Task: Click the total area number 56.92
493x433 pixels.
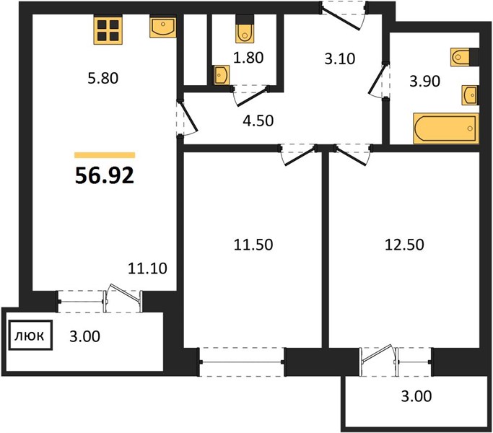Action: pos(105,175)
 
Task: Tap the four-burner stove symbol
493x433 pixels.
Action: pos(108,30)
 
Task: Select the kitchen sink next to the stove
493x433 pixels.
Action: pos(163,27)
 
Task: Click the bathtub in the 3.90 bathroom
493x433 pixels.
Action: pos(446,128)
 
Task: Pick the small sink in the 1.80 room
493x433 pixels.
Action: pos(222,75)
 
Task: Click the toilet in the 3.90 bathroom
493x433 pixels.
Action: pos(464,57)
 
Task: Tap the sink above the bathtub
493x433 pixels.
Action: pos(470,95)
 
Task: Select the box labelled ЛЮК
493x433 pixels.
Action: pos(30,335)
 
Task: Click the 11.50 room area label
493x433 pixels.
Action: pos(253,245)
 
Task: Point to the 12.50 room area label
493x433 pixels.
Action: pos(404,245)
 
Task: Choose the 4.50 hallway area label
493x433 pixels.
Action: pos(258,121)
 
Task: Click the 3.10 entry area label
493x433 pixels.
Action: pos(339,58)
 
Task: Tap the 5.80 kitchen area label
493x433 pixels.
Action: pos(102,78)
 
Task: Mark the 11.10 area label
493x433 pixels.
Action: pos(147,268)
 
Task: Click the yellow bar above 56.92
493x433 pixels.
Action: pos(105,155)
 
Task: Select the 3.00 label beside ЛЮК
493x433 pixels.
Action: pos(85,336)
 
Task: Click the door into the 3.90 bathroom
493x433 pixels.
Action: pos(378,80)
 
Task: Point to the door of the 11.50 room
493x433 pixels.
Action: pos(299,155)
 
